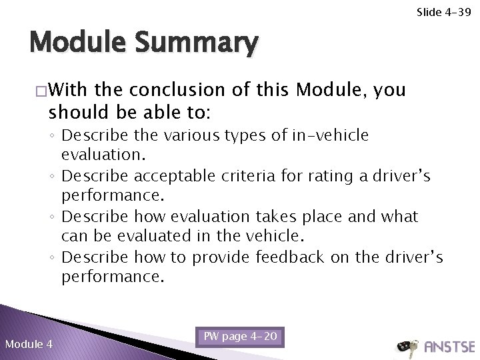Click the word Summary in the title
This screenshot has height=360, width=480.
click(197, 44)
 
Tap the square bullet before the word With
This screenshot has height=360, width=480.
click(42, 89)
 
